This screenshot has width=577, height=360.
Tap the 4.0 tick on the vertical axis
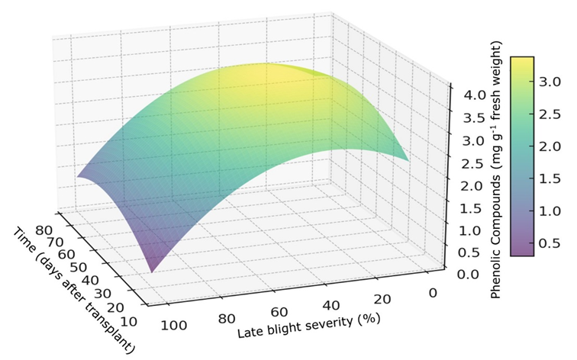coord(464,96)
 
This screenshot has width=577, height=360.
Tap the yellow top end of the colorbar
coord(522,61)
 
